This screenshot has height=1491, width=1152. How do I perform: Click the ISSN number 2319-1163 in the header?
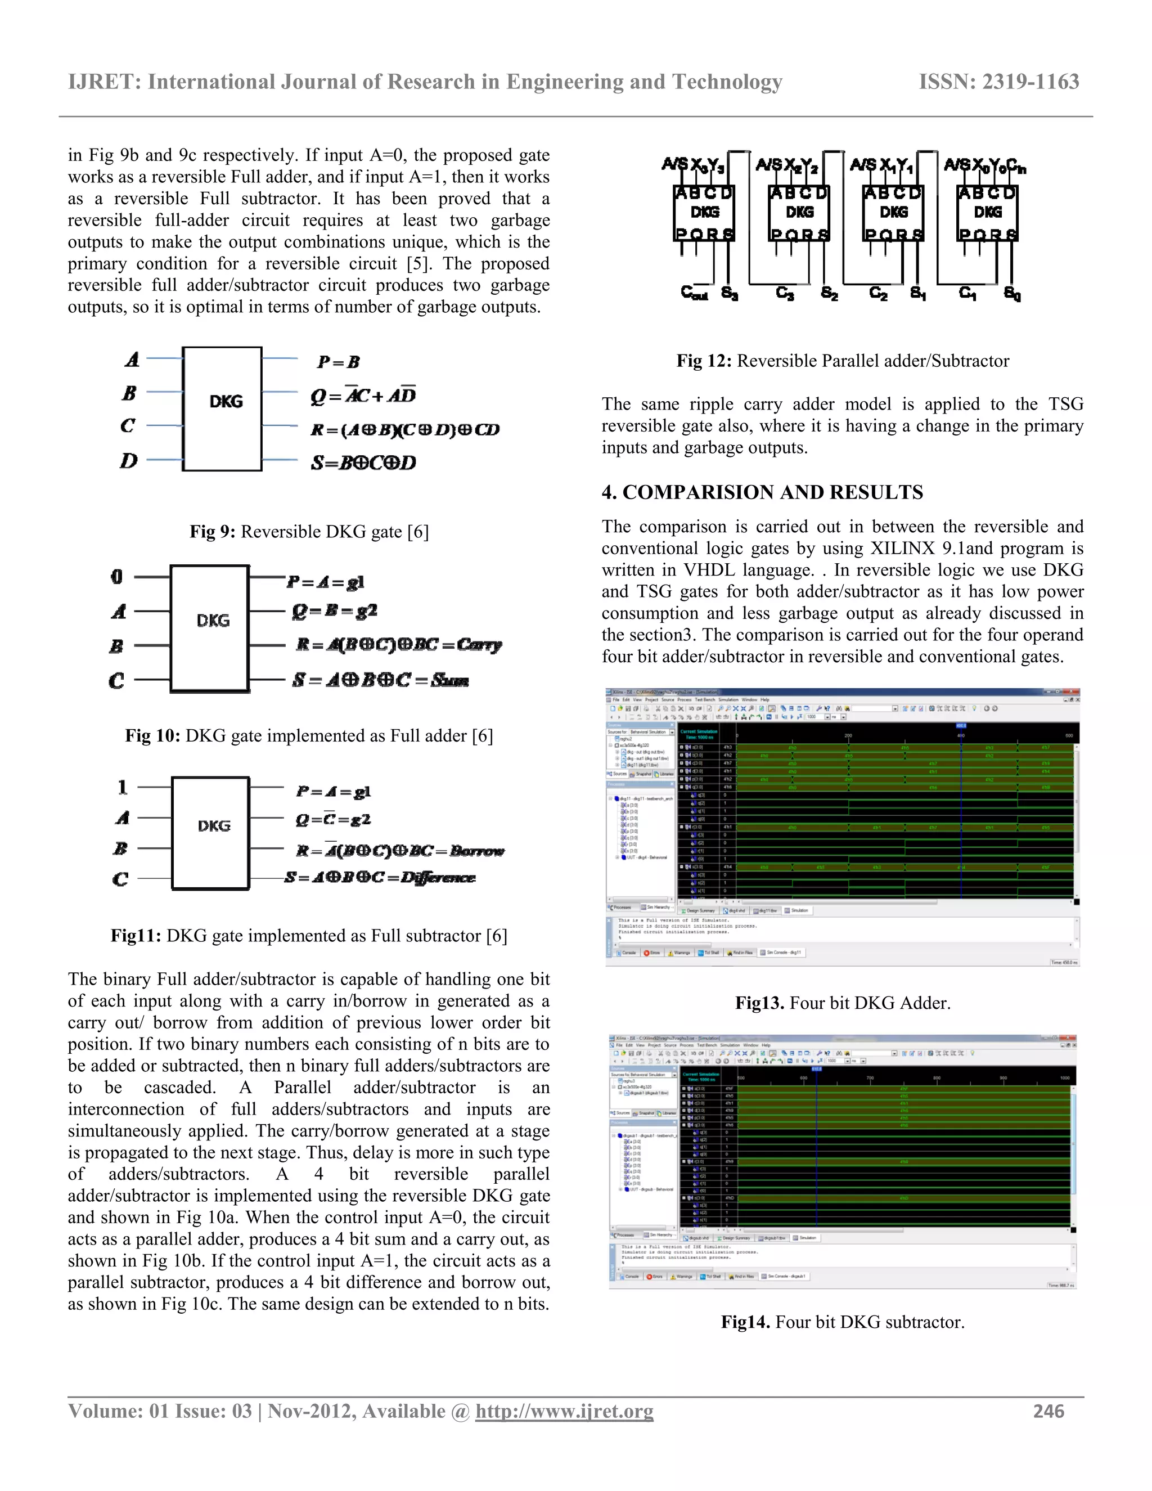1030,82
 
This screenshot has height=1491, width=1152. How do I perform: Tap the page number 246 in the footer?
1048,1411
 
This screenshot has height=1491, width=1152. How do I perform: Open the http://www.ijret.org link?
564,1411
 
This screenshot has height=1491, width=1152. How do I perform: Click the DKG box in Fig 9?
223,408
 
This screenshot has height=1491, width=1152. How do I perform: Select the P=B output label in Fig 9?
339,362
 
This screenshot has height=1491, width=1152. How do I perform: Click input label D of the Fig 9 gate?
128,461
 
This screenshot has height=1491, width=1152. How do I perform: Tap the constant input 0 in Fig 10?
116,577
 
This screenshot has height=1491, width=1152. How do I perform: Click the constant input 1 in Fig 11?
122,787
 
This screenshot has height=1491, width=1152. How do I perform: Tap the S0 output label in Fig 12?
1012,294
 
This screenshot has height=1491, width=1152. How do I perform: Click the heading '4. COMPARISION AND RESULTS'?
762,492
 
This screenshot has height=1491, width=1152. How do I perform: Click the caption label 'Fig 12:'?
704,361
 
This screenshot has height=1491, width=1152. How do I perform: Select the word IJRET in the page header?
101,82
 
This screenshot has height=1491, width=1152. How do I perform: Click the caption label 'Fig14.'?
746,1322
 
